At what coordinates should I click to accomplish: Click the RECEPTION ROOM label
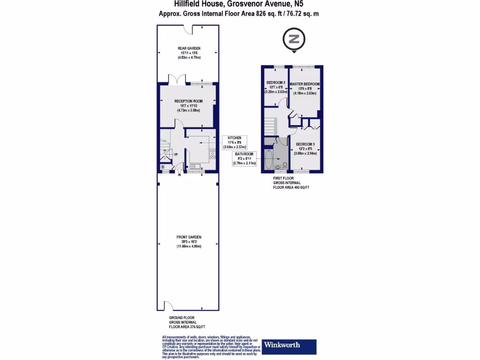tap(188, 101)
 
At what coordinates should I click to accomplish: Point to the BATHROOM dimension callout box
tap(245, 159)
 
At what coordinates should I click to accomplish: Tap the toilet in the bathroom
tap(285, 165)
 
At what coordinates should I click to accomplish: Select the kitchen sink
tap(195, 165)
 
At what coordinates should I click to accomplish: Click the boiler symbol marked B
tap(163, 166)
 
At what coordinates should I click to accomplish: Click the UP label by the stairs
tap(176, 155)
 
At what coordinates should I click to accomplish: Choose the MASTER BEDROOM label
tap(305, 84)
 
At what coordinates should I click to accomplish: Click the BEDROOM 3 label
tap(305, 144)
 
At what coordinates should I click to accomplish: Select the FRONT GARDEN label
tap(188, 237)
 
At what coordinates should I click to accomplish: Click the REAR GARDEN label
tap(188, 48)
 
